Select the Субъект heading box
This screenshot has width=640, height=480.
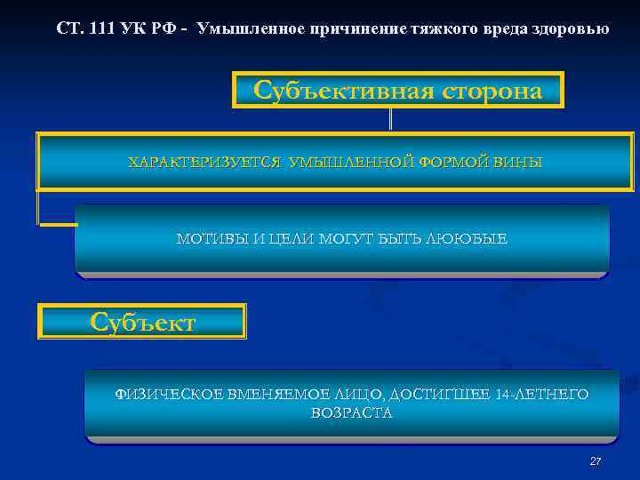pyautogui.click(x=142, y=322)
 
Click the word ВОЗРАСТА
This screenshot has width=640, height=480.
pyautogui.click(x=351, y=413)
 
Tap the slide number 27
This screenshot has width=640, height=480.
pyautogui.click(x=595, y=461)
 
